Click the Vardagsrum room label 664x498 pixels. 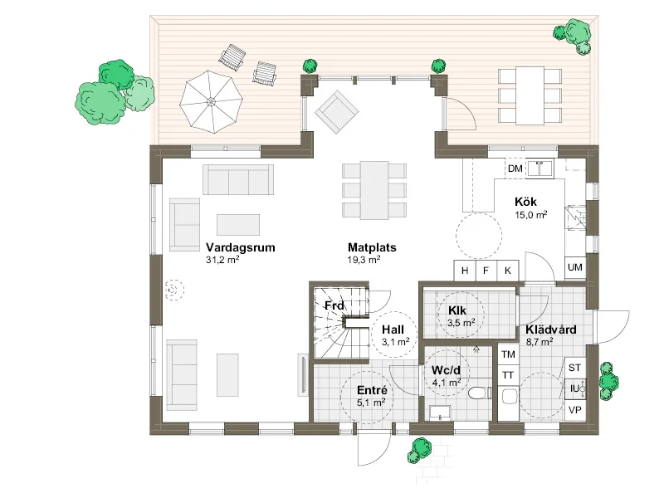tap(240, 247)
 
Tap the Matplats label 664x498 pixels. tap(372, 247)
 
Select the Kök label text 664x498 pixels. tap(525, 202)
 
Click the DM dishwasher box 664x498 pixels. tap(515, 168)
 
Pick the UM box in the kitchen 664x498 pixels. tap(574, 267)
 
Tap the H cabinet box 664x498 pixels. tap(465, 271)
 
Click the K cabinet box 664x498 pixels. tap(508, 271)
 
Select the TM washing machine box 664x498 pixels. tap(508, 354)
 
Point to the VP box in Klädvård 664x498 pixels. tap(574, 410)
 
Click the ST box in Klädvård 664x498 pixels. tap(574, 368)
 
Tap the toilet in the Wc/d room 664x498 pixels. tap(480, 393)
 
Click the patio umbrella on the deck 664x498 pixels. tap(211, 102)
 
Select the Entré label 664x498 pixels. tap(372, 390)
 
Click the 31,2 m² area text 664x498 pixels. tap(222, 260)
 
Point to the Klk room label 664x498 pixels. tap(457, 310)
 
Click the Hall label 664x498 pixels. tap(393, 330)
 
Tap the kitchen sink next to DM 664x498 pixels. tap(539, 168)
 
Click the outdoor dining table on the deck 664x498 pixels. tap(530, 95)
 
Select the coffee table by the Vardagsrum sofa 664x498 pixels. tap(238, 224)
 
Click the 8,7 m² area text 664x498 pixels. tap(539, 341)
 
